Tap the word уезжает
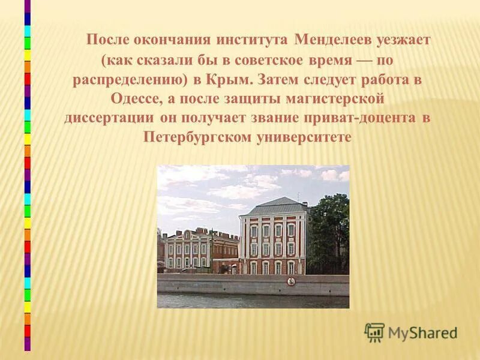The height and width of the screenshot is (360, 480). point(403,41)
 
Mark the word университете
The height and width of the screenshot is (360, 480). point(303,137)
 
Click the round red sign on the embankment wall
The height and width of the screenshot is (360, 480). point(290,281)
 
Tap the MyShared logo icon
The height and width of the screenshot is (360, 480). point(374,332)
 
